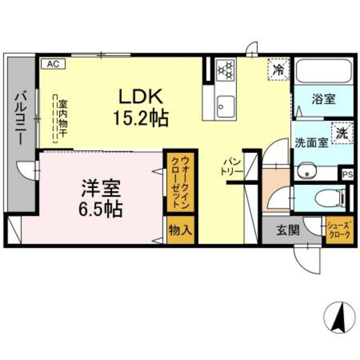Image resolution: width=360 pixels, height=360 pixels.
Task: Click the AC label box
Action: click(52, 64)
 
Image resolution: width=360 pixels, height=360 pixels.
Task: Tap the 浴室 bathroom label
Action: click(324, 99)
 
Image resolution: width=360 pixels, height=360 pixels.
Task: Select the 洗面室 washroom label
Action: click(311, 142)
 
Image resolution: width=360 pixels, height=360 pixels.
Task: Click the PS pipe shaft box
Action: click(348, 174)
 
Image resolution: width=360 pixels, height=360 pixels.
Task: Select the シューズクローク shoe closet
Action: click(339, 231)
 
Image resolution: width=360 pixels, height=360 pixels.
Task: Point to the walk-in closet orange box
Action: click(179, 181)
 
